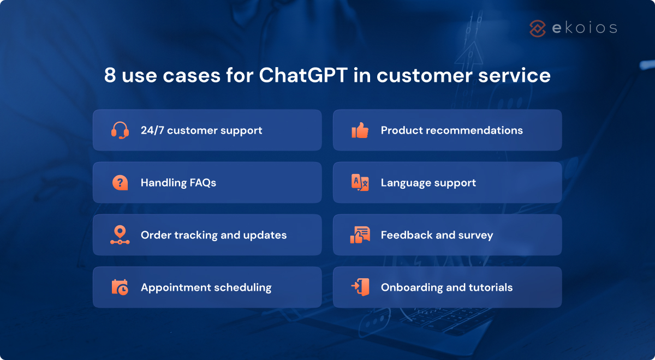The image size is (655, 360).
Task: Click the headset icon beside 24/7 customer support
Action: (x=120, y=130)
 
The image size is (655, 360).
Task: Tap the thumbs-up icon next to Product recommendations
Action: (x=360, y=130)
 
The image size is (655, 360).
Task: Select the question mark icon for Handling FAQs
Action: (x=120, y=183)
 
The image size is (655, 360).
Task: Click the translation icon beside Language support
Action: (x=360, y=183)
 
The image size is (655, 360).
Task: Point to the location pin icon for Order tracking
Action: (x=120, y=235)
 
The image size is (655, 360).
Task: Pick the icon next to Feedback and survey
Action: (x=360, y=235)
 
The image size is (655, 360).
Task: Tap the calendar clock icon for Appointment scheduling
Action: (x=120, y=287)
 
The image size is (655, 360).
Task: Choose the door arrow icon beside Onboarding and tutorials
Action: (x=360, y=287)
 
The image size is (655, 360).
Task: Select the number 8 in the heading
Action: (x=110, y=75)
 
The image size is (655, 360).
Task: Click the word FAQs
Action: (x=202, y=183)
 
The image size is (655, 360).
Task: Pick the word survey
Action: (x=476, y=235)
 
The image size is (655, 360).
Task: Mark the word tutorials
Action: (x=490, y=287)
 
